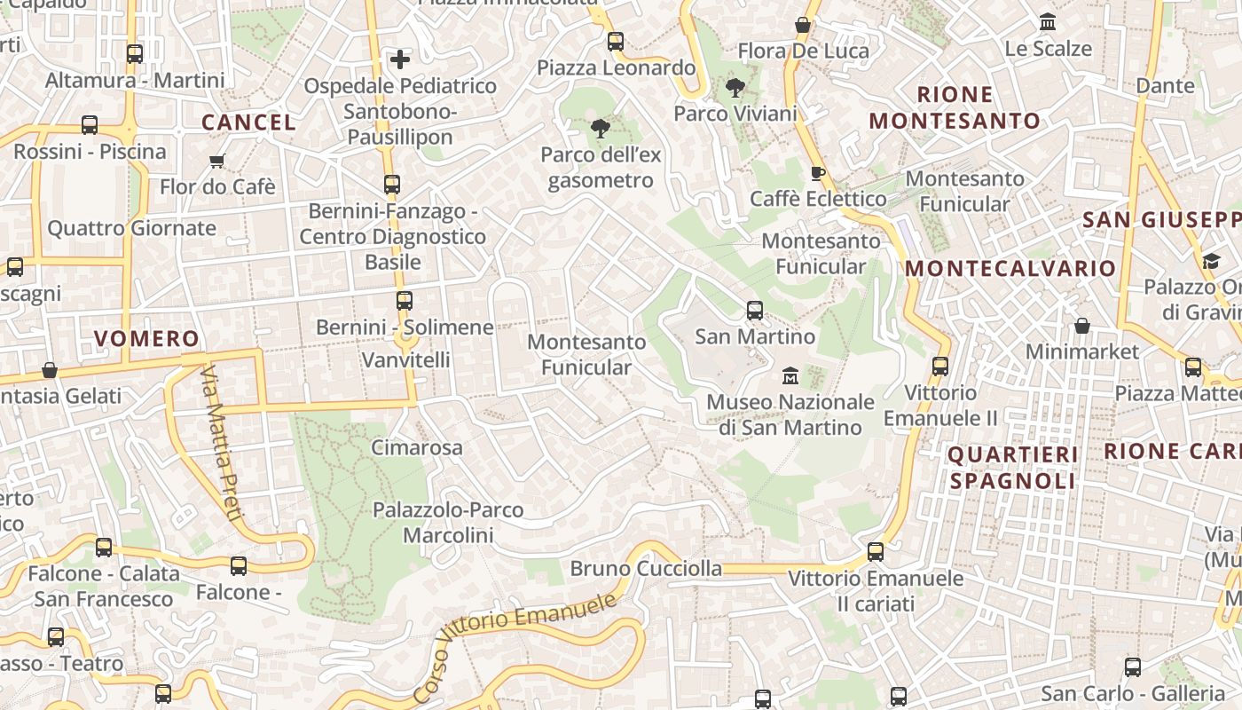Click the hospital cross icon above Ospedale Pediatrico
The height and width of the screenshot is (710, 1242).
(x=400, y=59)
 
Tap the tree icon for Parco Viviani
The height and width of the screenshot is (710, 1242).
(x=735, y=88)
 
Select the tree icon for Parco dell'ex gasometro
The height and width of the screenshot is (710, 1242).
(x=601, y=129)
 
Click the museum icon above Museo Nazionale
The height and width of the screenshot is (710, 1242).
(x=790, y=375)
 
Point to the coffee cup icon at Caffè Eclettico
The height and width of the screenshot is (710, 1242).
(x=818, y=173)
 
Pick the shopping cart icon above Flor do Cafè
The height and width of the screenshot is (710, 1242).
(x=217, y=161)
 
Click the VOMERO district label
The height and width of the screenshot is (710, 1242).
(x=146, y=338)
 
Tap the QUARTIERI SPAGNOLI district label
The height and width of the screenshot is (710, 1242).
(x=1012, y=468)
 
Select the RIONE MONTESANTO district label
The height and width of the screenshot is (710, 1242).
(x=955, y=107)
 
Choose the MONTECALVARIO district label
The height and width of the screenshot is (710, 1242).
(x=1010, y=268)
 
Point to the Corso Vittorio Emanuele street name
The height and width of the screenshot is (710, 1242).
(x=515, y=643)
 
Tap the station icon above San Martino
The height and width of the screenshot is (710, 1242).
(x=755, y=311)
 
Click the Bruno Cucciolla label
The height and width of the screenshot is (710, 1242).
(x=646, y=568)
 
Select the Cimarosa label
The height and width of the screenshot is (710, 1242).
(x=416, y=447)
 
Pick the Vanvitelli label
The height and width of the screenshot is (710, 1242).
(x=405, y=359)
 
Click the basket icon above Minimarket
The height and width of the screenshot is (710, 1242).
(x=1081, y=326)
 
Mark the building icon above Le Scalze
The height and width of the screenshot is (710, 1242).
(x=1048, y=22)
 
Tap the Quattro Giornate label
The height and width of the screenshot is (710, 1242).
(x=131, y=228)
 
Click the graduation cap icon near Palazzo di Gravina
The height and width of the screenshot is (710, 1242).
(x=1211, y=260)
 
